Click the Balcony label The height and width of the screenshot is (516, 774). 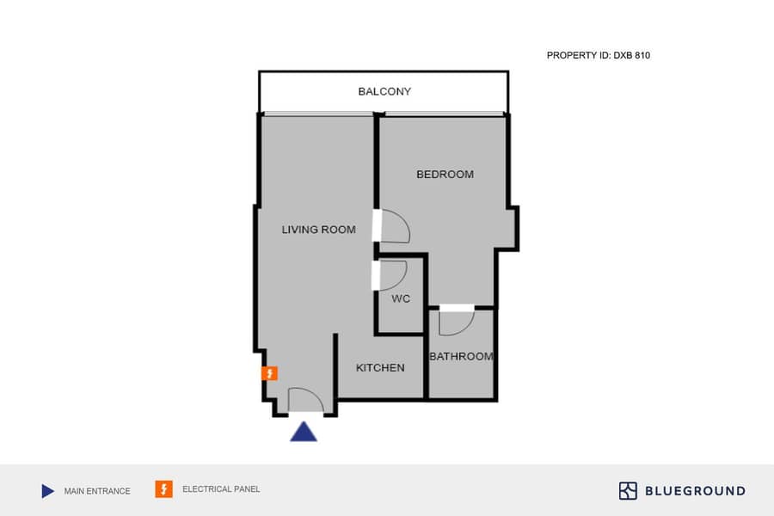pos(384,91)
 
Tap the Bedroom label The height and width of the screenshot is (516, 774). pos(445,175)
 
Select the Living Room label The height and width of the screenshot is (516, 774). pos(318,230)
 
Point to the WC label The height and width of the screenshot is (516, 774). pos(400,298)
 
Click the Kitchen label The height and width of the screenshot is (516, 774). pos(380,368)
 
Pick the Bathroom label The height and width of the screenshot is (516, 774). pos(461,357)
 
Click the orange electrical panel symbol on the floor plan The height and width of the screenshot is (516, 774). pos(269,373)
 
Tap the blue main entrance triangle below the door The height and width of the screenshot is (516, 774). pos(304,432)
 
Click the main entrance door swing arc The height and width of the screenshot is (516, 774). pos(316,394)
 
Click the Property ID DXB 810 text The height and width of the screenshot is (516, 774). pos(599,56)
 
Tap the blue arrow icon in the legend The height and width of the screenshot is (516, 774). pos(48,491)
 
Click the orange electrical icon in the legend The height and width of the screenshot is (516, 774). pos(164,489)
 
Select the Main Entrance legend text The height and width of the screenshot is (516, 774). pos(97,491)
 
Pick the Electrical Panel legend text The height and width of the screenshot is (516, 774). pos(221,489)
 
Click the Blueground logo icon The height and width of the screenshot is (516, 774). pos(628,491)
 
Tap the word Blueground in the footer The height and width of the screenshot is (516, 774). pos(695,491)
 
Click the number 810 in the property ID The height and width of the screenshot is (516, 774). pos(642,56)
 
